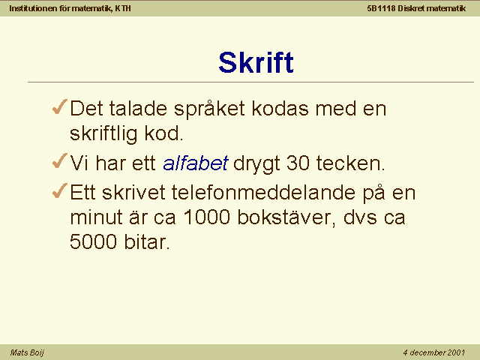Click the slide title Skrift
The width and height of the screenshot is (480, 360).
click(256, 62)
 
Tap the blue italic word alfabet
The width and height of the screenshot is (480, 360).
click(195, 163)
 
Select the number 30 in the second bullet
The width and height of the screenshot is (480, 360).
click(298, 163)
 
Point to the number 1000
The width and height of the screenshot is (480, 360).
click(207, 217)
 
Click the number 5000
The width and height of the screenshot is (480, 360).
click(93, 241)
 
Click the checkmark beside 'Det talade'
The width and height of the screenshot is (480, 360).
click(60, 106)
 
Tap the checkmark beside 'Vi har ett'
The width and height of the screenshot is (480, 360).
click(60, 160)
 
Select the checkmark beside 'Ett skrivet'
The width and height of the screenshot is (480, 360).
click(60, 190)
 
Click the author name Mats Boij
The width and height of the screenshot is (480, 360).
click(27, 352)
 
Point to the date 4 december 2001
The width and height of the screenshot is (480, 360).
click(433, 352)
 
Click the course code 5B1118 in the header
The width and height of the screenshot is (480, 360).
click(382, 8)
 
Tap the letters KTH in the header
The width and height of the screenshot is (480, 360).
click(123, 8)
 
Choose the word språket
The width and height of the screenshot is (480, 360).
click(210, 109)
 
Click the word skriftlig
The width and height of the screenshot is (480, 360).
click(103, 134)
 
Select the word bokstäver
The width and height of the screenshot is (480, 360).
click(286, 217)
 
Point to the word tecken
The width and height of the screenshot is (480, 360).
click(350, 163)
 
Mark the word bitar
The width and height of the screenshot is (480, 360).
click(147, 241)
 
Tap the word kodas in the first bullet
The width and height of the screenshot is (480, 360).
click(280, 108)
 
